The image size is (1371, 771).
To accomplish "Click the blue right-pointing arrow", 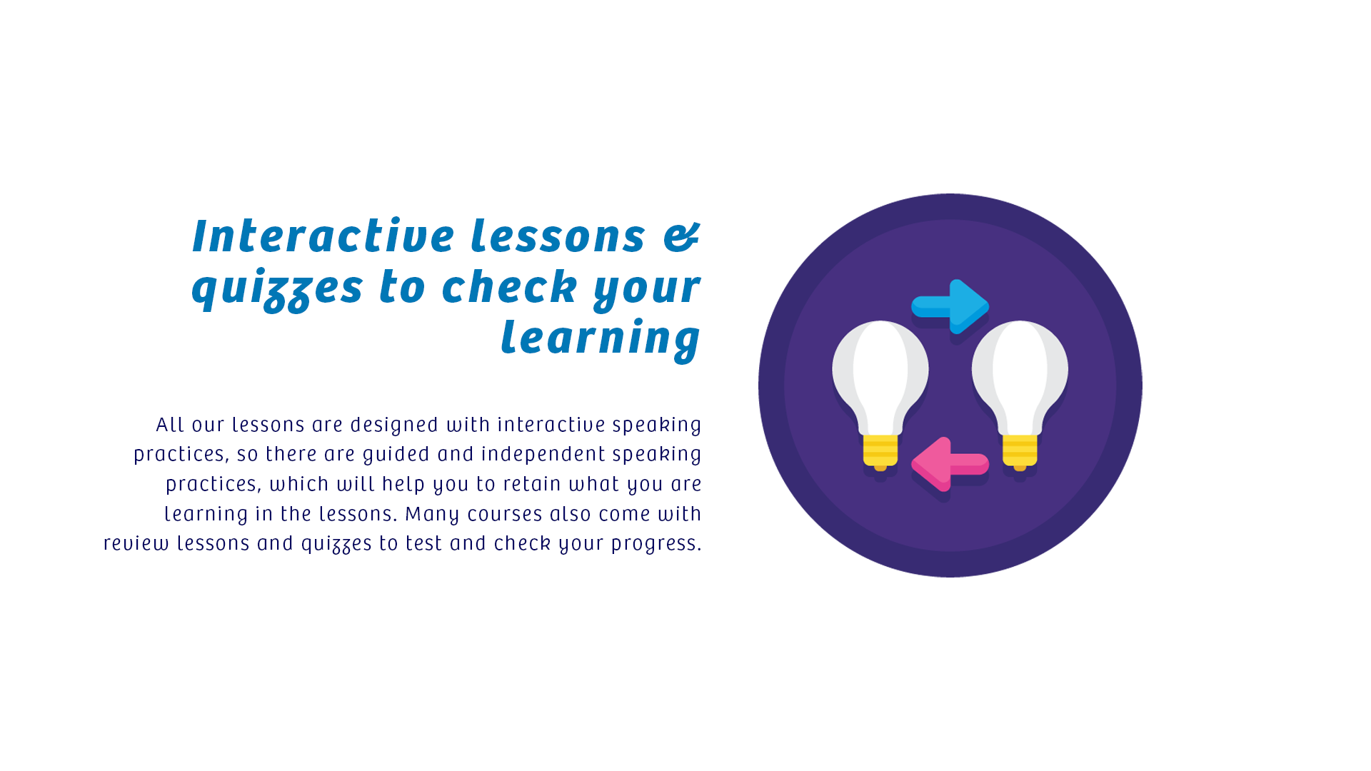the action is (x=950, y=306).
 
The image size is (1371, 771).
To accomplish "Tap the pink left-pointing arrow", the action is (x=950, y=464).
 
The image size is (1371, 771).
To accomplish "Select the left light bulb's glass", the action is (x=880, y=378).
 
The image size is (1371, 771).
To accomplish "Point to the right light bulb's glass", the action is (x=1020, y=378).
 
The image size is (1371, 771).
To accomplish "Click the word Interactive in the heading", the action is (x=323, y=236).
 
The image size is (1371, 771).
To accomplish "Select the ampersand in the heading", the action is (x=682, y=237).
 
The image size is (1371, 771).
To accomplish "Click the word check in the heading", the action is (x=510, y=287).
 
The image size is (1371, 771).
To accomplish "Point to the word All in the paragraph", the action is (x=171, y=425).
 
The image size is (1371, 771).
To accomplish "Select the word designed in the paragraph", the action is (x=394, y=425).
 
